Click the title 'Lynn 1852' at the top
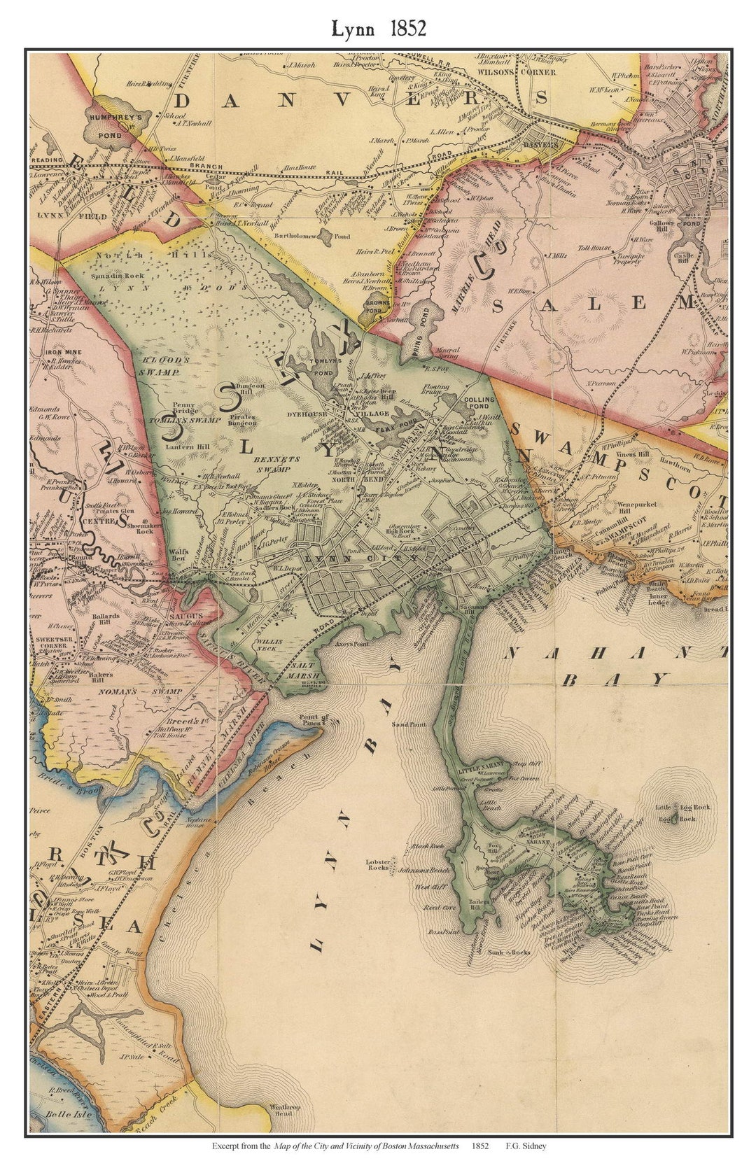(378, 28)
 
